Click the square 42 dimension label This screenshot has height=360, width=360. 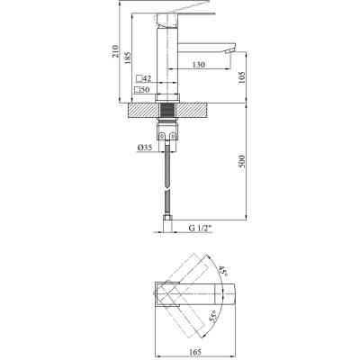coord(143,79)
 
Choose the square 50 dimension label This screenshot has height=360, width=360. coord(143,91)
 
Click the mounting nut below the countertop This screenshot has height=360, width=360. coord(168,133)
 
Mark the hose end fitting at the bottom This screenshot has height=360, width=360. coord(168,217)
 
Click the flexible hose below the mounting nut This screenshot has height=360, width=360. coord(168,180)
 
